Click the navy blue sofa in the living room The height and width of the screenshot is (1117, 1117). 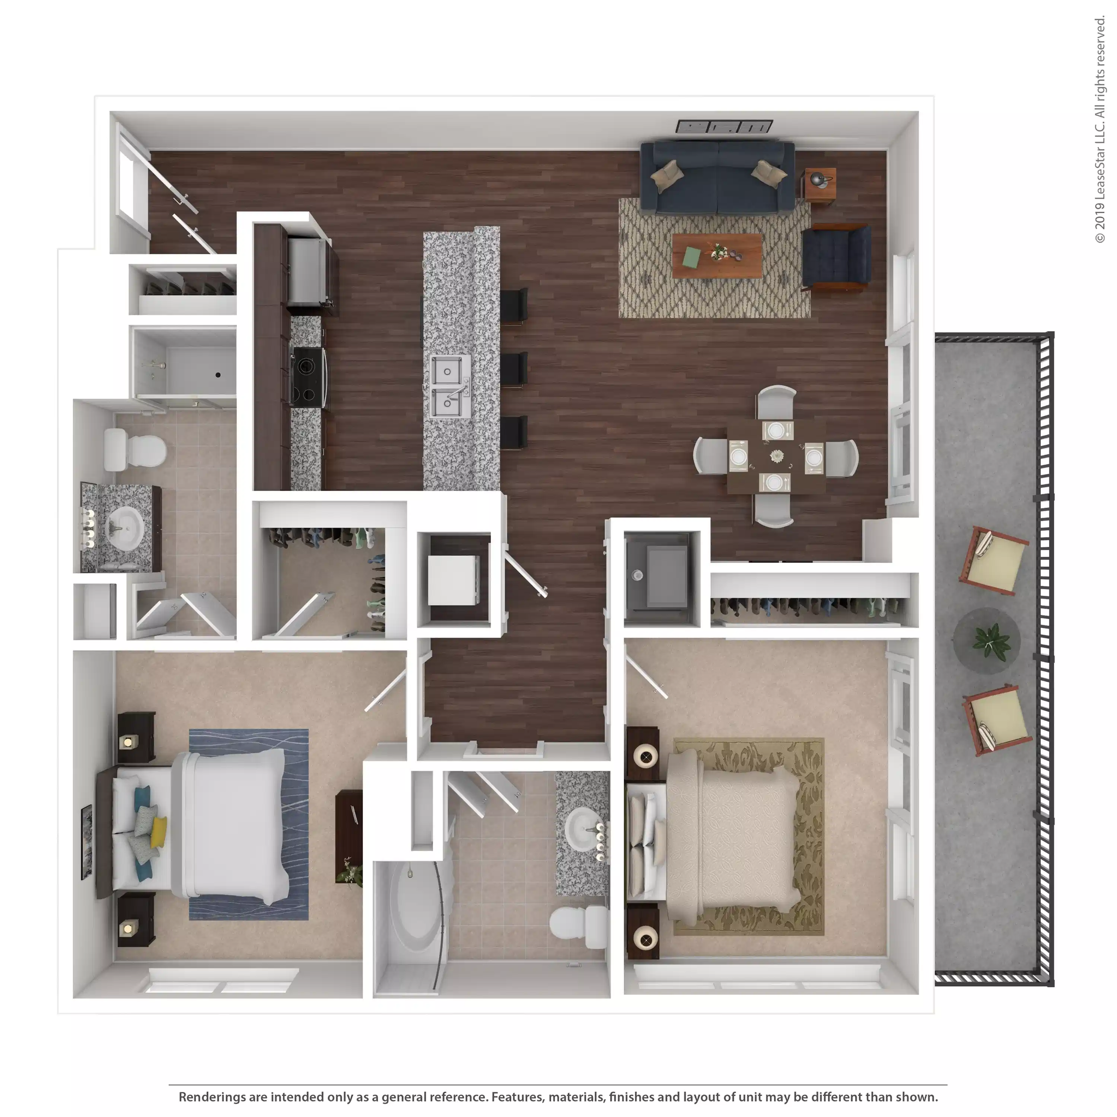pyautogui.click(x=717, y=177)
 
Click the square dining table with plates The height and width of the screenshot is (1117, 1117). pyautogui.click(x=776, y=457)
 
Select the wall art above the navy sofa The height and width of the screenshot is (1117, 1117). pyautogui.click(x=725, y=127)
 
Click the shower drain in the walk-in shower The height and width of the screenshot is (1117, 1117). pyautogui.click(x=218, y=375)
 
